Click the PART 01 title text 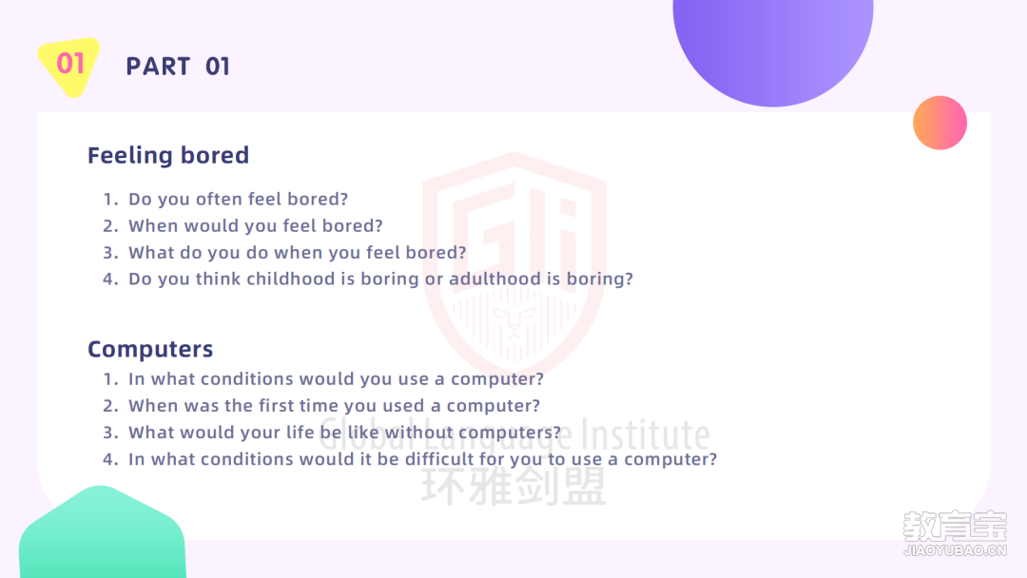pos(178,67)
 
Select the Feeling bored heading pos(168,155)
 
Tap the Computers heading pos(150,349)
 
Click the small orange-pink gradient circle pos(940,123)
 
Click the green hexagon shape pos(102,533)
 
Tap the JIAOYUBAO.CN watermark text pos(955,550)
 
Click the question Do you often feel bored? pos(239,199)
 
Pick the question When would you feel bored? pos(256,226)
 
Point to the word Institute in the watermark pos(647,434)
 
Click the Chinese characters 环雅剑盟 pos(514,486)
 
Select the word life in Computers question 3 pos(300,432)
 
